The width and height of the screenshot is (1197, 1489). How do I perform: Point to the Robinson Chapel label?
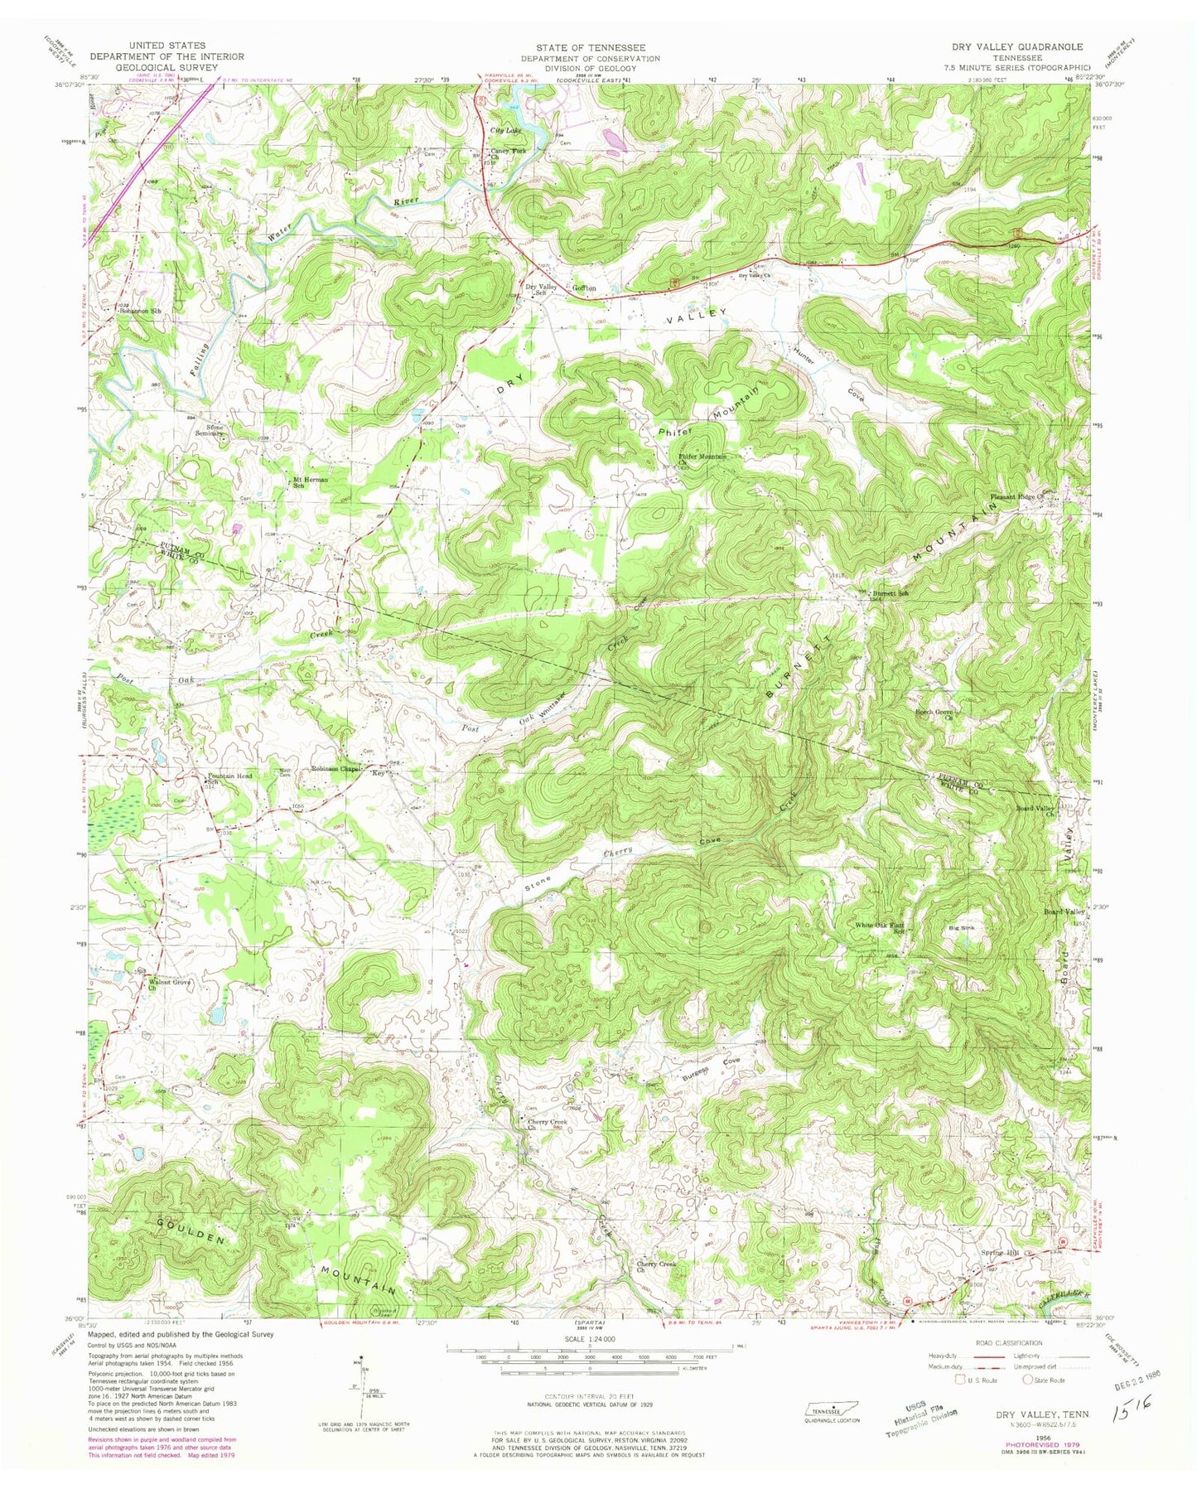click(x=337, y=768)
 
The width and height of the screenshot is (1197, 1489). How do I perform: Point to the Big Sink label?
click(x=960, y=929)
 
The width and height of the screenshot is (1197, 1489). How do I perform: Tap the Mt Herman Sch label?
click(x=306, y=482)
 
